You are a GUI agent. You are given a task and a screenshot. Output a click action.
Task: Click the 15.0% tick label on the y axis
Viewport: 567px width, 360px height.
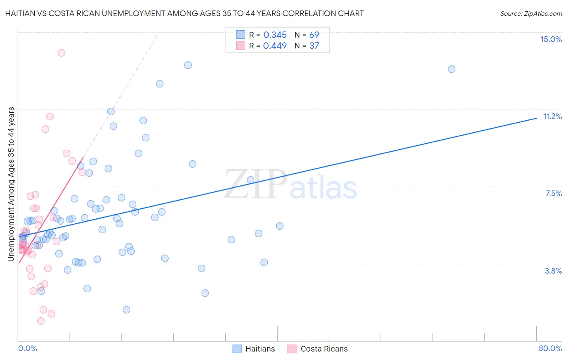(551, 39)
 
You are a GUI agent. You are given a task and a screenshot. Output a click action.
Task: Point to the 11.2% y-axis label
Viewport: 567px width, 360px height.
(552, 116)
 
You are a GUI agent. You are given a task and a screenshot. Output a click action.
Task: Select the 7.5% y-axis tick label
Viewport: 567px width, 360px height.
(553, 193)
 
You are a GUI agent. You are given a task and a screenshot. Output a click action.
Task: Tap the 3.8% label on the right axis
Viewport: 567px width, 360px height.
(553, 271)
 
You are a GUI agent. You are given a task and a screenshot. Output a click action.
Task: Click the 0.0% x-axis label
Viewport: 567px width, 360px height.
(27, 348)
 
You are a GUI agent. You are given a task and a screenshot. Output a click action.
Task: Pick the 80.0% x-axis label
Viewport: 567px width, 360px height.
(550, 348)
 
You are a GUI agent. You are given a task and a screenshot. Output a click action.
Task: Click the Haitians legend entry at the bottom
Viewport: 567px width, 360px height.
(254, 349)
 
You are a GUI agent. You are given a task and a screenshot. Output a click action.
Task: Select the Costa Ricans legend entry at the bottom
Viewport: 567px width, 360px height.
(318, 349)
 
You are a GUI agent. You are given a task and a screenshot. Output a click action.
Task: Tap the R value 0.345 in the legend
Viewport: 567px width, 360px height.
(275, 35)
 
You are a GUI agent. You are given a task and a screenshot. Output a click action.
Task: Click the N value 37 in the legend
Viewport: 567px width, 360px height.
(314, 46)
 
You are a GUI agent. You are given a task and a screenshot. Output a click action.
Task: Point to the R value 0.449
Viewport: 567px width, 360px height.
(275, 46)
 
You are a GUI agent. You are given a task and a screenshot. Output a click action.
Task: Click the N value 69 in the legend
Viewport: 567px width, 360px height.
(314, 35)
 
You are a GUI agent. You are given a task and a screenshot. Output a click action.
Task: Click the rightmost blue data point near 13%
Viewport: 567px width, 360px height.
(452, 69)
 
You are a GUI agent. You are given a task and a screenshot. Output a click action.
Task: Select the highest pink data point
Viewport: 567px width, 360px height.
(61, 53)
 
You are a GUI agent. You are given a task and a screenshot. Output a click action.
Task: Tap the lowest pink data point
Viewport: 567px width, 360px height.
(41, 321)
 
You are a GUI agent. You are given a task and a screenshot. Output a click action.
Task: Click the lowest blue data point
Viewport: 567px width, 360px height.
(126, 310)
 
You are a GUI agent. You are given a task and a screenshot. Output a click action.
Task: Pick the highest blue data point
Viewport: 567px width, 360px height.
(188, 65)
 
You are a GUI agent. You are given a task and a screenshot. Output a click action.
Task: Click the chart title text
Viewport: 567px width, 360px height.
(184, 13)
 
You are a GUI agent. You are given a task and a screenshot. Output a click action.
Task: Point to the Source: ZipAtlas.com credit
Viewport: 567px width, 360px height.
(531, 14)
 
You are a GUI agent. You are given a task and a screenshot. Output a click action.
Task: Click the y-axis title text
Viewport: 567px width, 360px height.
(11, 184)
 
